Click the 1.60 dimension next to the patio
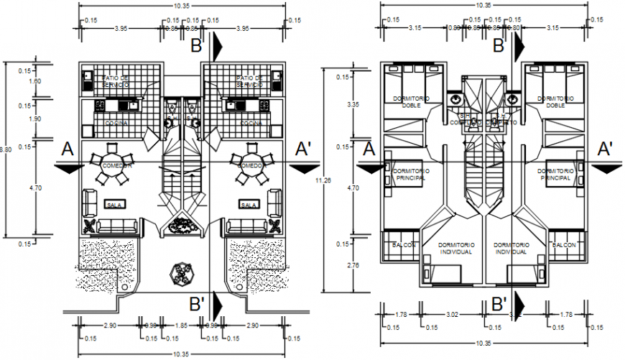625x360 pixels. tap(24, 81)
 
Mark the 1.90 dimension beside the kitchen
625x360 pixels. tap(24, 119)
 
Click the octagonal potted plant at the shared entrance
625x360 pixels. tap(180, 274)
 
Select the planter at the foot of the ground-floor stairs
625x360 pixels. tap(180, 226)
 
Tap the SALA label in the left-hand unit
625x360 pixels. tap(114, 205)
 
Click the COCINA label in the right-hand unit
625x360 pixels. tap(250, 123)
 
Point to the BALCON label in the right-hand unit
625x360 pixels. tap(564, 245)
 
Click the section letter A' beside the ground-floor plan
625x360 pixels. tap(305, 149)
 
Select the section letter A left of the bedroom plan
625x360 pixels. tap(369, 149)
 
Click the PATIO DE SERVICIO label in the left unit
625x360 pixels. tap(116, 80)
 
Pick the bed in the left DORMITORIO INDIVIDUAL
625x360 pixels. tap(443, 274)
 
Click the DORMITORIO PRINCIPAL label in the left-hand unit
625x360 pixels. tap(412, 174)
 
